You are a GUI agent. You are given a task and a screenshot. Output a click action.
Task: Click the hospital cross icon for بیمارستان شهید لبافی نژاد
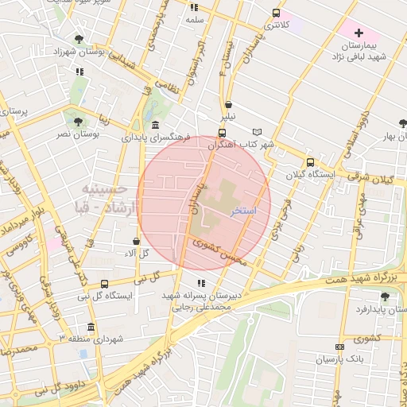pyautogui.click(x=359, y=33)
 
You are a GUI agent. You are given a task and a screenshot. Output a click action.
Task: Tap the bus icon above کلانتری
pyautogui.click(x=276, y=13)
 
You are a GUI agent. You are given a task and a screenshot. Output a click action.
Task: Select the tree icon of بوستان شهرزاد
pyautogui.click(x=79, y=39)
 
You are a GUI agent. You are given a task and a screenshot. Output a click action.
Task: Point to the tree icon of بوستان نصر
pyautogui.click(x=78, y=122)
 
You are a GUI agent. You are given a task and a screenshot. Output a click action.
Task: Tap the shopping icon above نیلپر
pyautogui.click(x=229, y=103)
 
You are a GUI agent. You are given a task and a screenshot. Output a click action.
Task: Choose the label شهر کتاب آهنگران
pyautogui.click(x=241, y=145)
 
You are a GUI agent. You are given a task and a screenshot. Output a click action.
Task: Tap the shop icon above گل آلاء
pyautogui.click(x=136, y=241)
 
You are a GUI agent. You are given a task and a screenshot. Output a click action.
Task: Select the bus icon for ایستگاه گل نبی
pyautogui.click(x=119, y=281)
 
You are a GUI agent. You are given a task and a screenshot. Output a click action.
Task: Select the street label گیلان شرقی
pyautogui.click(x=377, y=180)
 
